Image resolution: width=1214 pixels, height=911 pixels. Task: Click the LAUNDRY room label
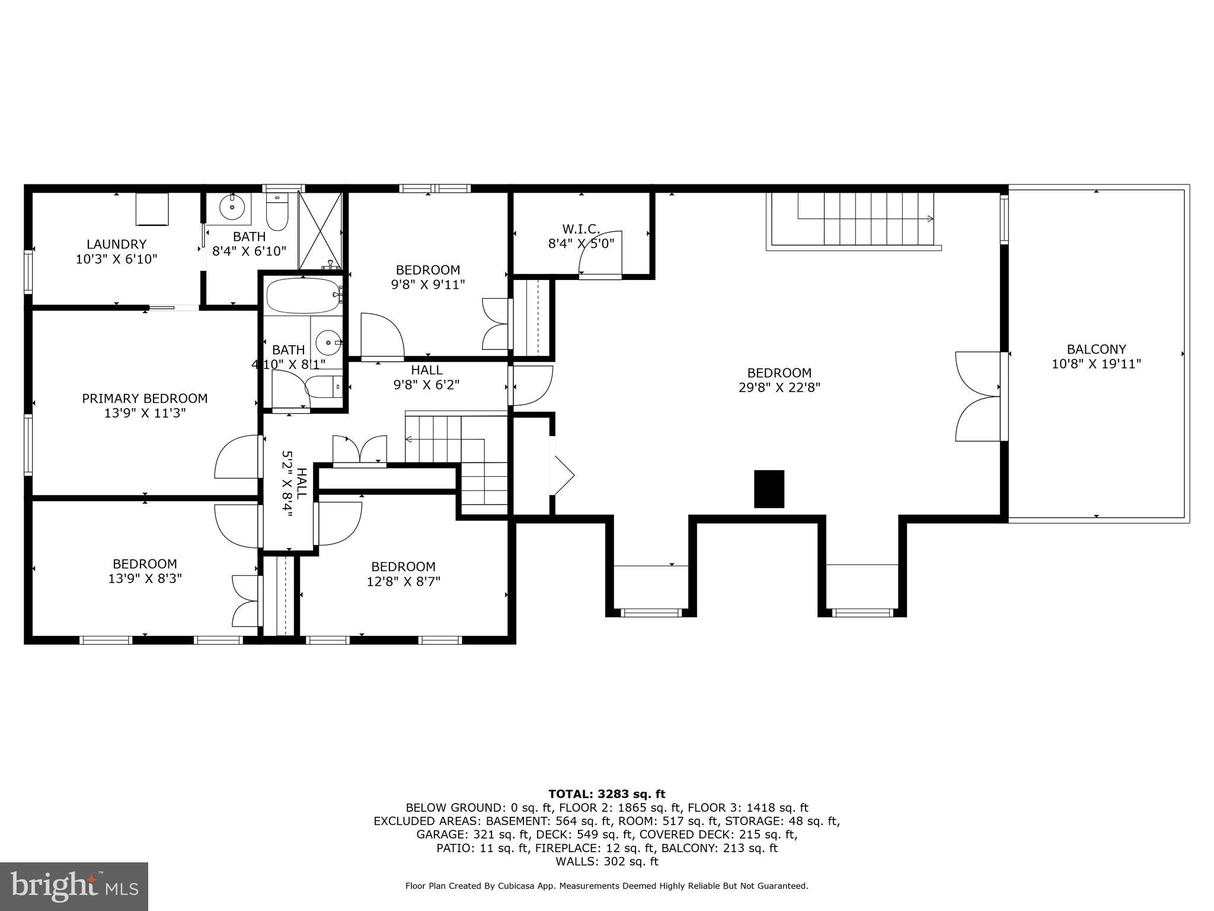[x=116, y=244]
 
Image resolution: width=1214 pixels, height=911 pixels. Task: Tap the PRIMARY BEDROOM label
[x=145, y=399]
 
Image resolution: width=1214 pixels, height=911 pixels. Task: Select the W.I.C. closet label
[x=581, y=228]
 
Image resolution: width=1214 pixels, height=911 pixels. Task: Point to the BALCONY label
[x=1096, y=349]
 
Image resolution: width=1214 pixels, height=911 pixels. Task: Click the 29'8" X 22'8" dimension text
[x=779, y=388]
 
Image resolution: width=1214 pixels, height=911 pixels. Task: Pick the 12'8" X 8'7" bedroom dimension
[x=403, y=582]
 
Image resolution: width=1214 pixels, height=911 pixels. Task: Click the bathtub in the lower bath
[x=303, y=295]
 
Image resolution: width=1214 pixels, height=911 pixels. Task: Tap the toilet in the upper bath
[x=277, y=212]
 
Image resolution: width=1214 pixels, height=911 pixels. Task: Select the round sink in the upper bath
[x=232, y=208]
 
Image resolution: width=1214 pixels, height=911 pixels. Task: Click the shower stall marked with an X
[x=320, y=230]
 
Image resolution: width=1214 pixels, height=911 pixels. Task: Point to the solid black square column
[x=769, y=489]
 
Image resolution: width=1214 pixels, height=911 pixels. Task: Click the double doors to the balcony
[x=978, y=396]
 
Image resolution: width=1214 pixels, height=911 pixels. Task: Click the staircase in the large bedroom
[x=854, y=219]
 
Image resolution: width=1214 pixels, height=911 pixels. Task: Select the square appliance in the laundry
[x=152, y=209]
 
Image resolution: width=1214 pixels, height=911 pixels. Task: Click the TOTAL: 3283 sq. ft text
[x=606, y=794]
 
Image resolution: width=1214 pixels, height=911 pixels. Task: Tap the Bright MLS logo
[x=74, y=886]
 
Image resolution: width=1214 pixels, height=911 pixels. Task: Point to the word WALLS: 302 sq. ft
[x=606, y=862]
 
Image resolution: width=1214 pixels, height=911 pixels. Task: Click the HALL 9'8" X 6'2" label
[x=426, y=377]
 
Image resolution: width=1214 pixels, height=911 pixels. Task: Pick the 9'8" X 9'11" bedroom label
[x=427, y=277]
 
